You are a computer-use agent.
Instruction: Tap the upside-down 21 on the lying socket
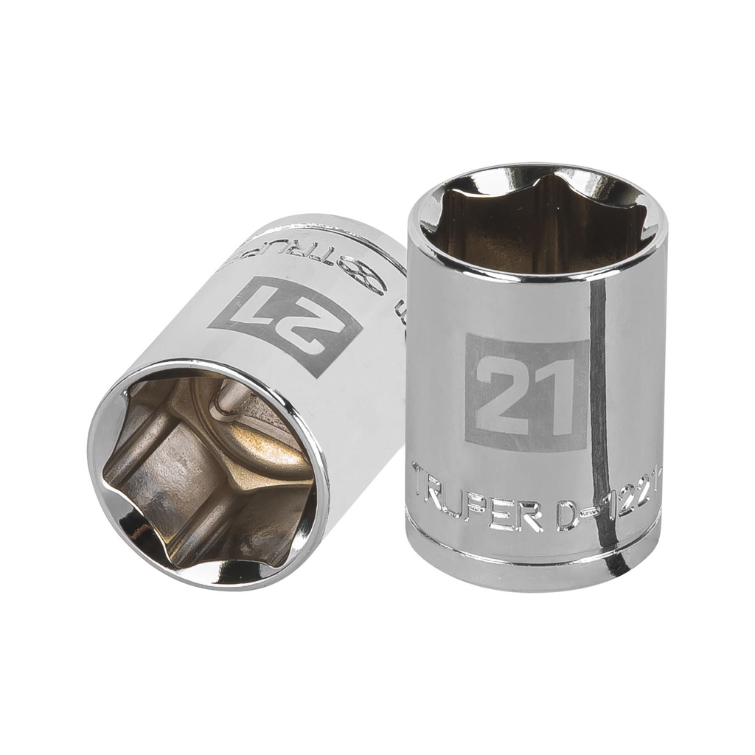click(x=285, y=325)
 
